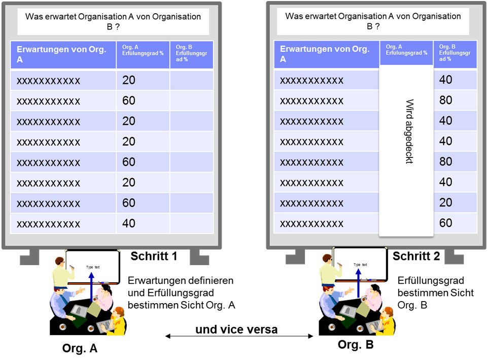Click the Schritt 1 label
point(154,256)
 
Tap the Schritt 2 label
point(416,256)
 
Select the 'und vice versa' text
point(236,330)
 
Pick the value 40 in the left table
point(129,223)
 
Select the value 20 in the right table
point(445,203)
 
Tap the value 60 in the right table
point(445,223)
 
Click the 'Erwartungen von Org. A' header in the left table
point(61,54)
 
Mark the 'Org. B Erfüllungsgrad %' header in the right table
point(455,53)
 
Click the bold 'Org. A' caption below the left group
point(80,349)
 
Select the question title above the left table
point(113,21)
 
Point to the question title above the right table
point(373,21)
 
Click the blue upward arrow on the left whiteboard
point(92,287)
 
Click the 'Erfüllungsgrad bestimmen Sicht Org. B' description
point(435,292)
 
